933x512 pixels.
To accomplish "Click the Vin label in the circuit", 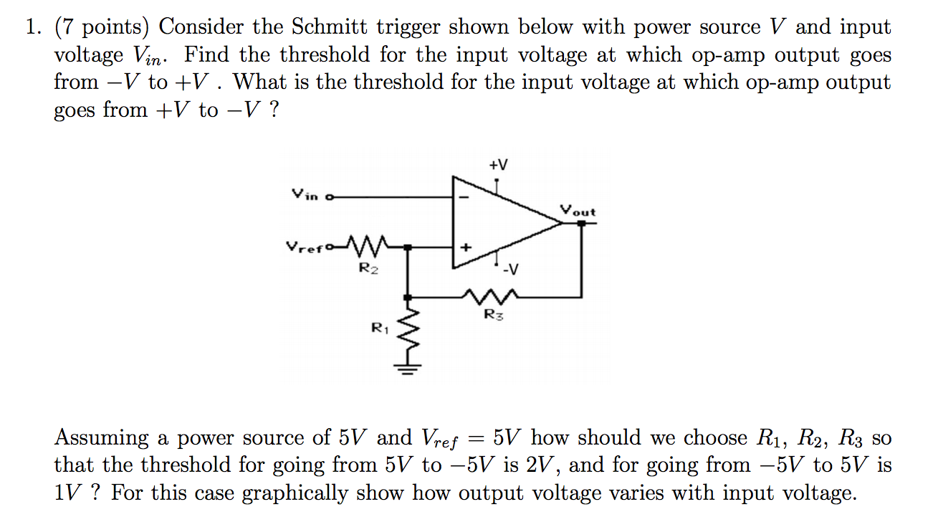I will [304, 194].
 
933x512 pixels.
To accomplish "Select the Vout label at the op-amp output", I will [578, 211].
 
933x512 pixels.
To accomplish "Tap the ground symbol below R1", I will [408, 371].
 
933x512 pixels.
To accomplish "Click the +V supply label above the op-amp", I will [498, 165].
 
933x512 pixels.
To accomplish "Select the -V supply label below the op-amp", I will [509, 270].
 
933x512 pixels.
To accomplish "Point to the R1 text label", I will [379, 328].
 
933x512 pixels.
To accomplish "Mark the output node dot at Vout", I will [581, 223].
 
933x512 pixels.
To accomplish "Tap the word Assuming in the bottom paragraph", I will [102, 437].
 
